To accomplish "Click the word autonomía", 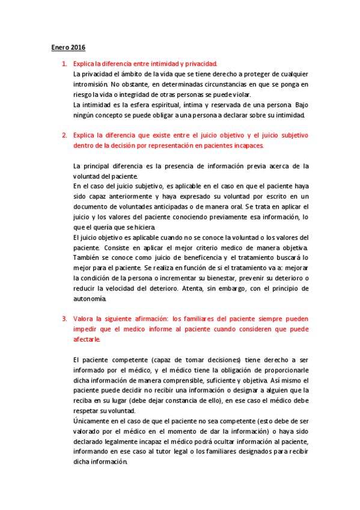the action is click(x=89, y=298).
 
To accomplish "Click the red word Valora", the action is click(x=85, y=318).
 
